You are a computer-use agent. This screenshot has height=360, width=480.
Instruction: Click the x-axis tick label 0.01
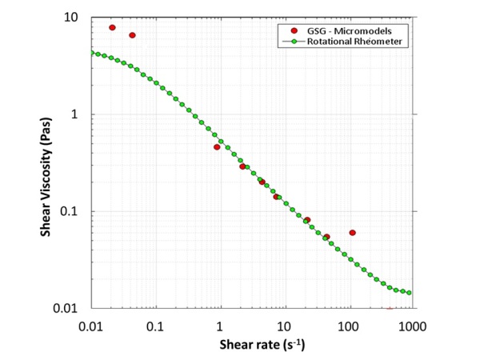coord(91,327)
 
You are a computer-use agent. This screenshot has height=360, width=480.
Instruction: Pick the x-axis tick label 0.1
coord(155,327)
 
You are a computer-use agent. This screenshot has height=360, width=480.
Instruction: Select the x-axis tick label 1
coord(219,327)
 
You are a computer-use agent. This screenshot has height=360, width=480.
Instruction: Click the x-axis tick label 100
coord(347,327)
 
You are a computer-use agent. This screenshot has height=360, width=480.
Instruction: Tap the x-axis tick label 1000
coord(411,327)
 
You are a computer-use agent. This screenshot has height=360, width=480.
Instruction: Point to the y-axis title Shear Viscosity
coord(47,163)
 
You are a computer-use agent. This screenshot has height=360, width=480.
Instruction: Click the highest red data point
coord(113,27)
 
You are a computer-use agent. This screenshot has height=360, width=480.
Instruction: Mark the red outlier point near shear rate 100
coord(352,233)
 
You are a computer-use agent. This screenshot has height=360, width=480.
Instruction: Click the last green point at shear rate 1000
coord(410,293)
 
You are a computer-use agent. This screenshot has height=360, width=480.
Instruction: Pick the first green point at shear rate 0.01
coord(93,53)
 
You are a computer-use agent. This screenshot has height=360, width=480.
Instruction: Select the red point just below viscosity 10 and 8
coord(132,35)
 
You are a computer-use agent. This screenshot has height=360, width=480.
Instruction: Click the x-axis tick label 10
coord(283,327)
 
